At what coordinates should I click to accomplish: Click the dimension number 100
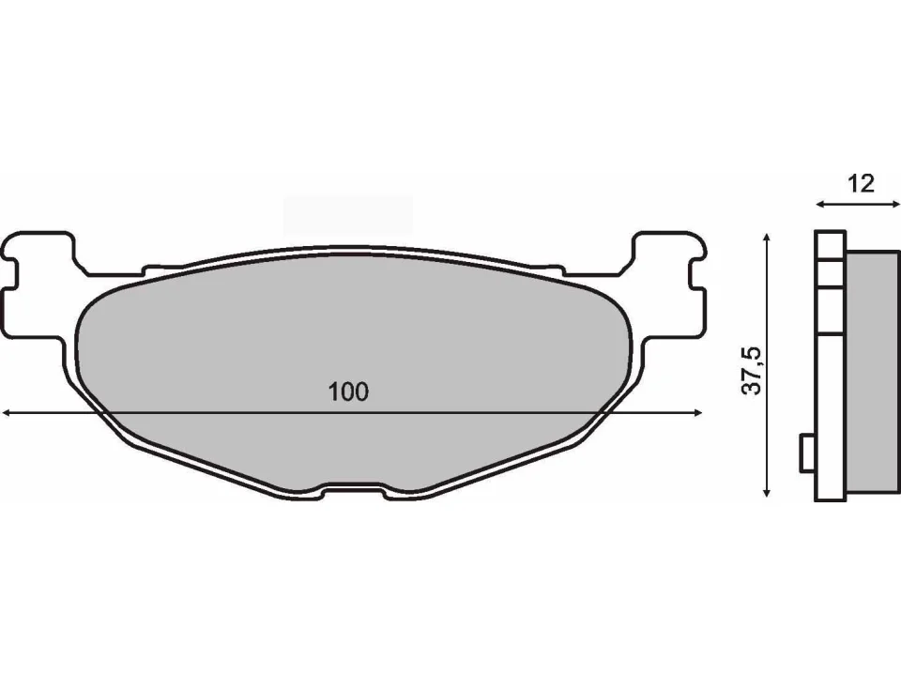tap(349, 392)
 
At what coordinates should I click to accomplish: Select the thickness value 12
tap(860, 183)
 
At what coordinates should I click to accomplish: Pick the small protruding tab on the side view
tap(806, 454)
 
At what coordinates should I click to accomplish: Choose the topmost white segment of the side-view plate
tap(828, 247)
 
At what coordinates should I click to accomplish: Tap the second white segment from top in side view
tap(828, 274)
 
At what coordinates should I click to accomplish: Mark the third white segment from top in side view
tap(828, 309)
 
